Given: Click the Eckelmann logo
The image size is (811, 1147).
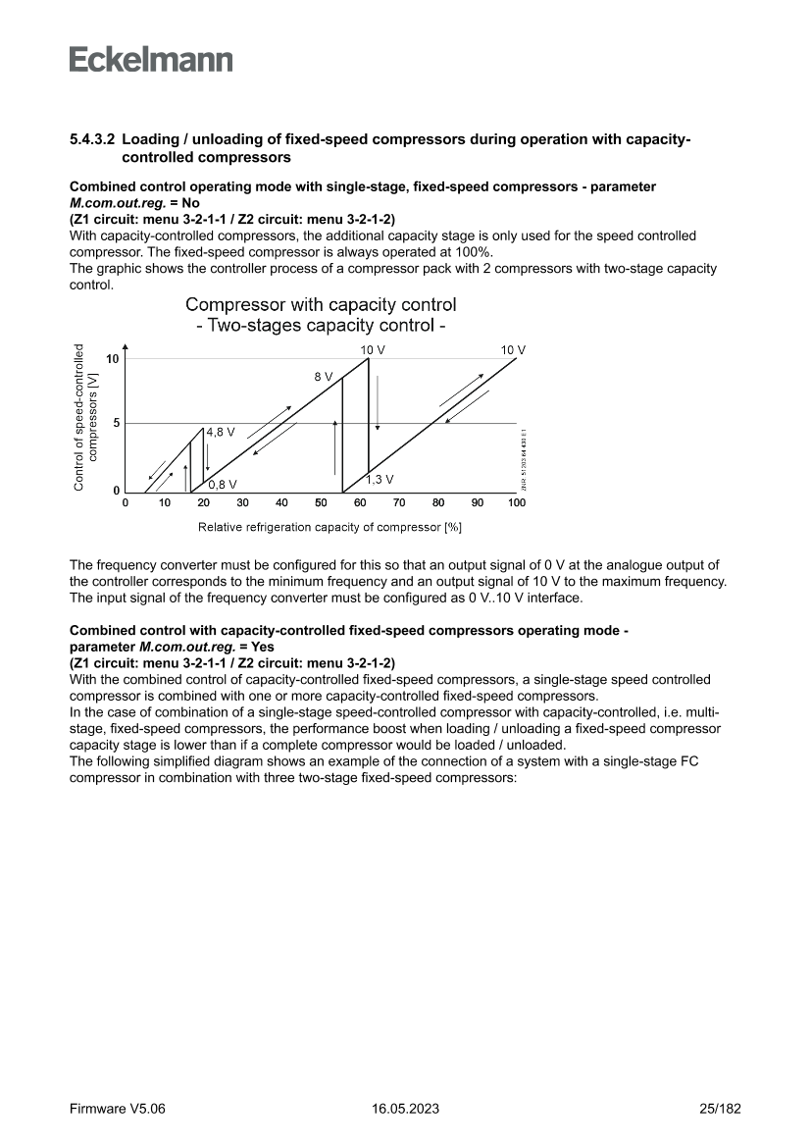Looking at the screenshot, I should [151, 60].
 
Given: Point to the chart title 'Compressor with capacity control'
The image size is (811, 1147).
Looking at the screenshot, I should [321, 305].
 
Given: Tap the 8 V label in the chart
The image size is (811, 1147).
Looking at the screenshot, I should [324, 377].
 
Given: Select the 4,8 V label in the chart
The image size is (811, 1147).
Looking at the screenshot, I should [221, 432].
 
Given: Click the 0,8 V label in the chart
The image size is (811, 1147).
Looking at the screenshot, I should [223, 484].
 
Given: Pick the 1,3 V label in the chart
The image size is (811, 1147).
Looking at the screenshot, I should [380, 480].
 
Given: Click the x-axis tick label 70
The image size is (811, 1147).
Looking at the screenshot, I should [399, 503].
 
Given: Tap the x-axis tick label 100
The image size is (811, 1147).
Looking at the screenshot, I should [516, 503].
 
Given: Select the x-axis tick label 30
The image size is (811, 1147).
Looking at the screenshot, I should [242, 503].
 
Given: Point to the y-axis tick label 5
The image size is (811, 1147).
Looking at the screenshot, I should [116, 424].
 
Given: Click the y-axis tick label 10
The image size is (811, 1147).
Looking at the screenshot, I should [113, 359].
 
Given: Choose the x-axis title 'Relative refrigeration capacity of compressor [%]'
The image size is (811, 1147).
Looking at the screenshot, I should [329, 527].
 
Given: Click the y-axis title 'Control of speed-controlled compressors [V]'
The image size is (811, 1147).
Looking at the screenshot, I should [85, 416].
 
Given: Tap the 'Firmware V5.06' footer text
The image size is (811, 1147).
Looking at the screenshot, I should [118, 1109].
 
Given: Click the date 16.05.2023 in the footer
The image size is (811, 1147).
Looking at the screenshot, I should [405, 1109].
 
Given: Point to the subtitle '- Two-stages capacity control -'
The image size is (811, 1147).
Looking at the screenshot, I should [321, 326].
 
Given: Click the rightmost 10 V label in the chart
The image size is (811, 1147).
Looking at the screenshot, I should [513, 350].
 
